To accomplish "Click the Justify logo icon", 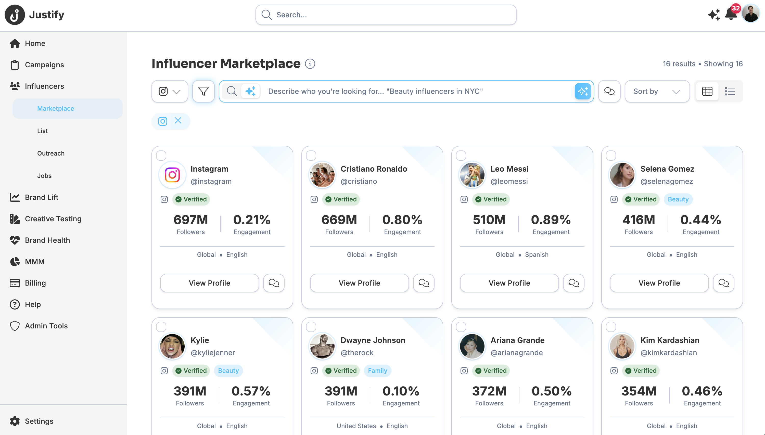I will coord(15,15).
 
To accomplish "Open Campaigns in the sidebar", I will coord(44,65).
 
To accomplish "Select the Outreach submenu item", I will coord(51,153).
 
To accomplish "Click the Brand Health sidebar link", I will coord(47,240).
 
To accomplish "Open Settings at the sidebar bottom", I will coord(39,421).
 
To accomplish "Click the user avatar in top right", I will coord(751,14).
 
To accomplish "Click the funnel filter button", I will coord(203,91).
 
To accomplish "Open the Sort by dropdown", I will coord(657,91).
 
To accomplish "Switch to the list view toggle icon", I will coord(730,91).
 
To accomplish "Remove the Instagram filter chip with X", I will coord(178,121).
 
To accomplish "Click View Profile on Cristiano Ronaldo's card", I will coord(359,283).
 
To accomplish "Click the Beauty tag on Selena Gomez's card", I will coord(678,199).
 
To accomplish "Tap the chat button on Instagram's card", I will coord(274,283).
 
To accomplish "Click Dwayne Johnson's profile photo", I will coord(322,346).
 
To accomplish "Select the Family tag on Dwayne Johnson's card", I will coord(377,370).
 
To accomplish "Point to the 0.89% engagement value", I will coord(551,220).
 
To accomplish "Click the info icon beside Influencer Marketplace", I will coord(310,64).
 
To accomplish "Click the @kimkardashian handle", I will coord(669,353).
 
